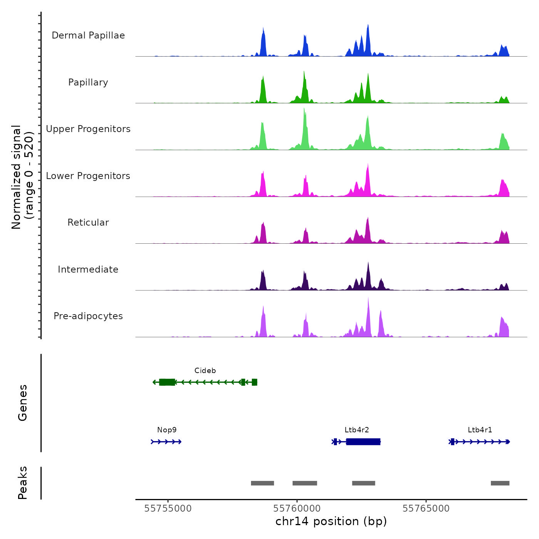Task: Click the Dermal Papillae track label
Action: tap(88, 35)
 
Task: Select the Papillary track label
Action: tap(88, 82)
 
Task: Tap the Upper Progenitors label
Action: tap(88, 129)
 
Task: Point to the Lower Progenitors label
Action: tap(88, 176)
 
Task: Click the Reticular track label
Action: tap(88, 223)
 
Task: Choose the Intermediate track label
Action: tap(88, 269)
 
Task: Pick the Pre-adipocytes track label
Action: tap(88, 316)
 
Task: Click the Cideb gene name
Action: tap(205, 371)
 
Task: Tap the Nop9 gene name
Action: tap(167, 430)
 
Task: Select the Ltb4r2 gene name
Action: tap(357, 430)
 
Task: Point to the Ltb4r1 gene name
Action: tap(480, 430)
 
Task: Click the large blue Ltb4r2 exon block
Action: tap(363, 442)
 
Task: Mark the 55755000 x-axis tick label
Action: tap(168, 509)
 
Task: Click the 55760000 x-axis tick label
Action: tap(297, 509)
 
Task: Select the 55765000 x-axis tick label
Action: tap(426, 509)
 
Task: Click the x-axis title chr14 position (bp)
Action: tap(331, 522)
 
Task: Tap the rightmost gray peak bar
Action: tap(500, 483)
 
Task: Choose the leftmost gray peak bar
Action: tap(263, 483)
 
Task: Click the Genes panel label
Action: tap(23, 403)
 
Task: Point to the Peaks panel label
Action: tap(23, 483)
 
